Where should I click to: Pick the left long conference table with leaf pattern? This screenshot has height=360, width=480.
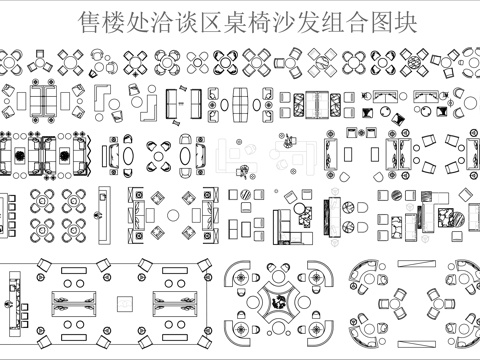pyautogui.click(x=75, y=303)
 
